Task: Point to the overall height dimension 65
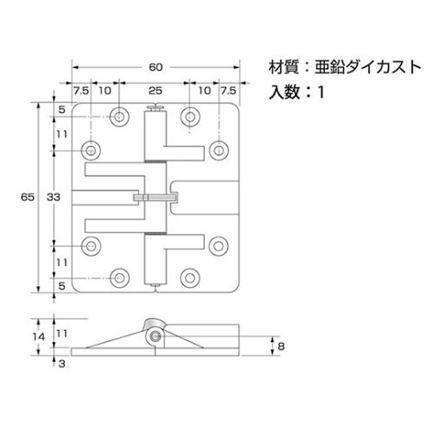tap(28, 197)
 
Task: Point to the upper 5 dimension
tap(62, 110)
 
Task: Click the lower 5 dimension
tap(62, 284)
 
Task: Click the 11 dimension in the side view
tap(61, 331)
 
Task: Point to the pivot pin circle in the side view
tap(155, 335)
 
